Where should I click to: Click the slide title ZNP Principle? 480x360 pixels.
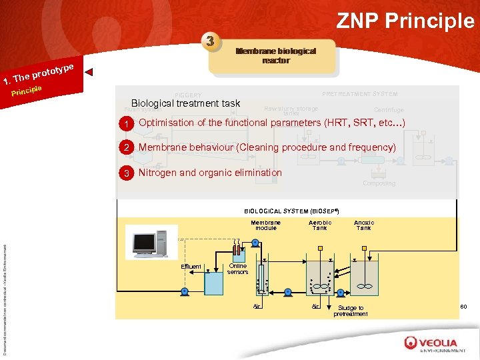coord(405,21)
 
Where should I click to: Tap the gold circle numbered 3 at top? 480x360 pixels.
coord(211,41)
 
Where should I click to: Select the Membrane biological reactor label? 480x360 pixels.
coord(275,55)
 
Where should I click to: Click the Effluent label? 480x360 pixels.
coord(191,267)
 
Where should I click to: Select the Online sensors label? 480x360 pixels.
coord(237,269)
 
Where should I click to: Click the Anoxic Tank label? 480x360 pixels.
coord(363,225)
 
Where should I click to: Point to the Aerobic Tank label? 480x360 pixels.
coord(320,225)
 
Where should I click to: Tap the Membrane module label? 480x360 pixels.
coord(265,225)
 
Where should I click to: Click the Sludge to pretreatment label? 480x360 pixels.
coord(351,311)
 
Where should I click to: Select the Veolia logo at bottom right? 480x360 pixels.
coord(434,344)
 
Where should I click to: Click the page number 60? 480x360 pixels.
coord(464,307)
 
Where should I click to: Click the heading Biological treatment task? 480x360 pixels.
coord(185,103)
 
